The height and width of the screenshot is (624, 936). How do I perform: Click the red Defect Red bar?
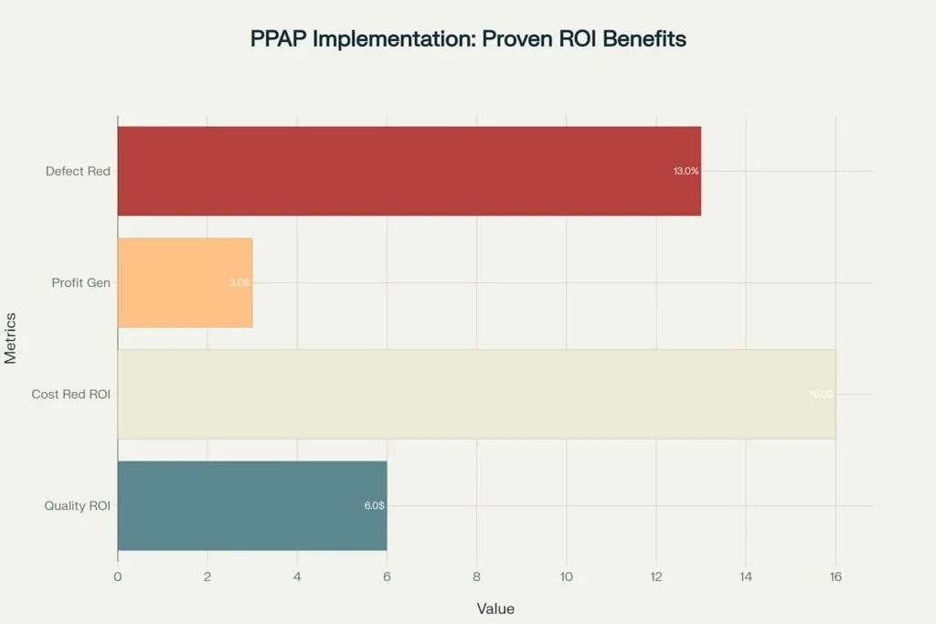[409, 171]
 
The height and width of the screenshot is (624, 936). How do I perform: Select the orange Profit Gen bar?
[184, 282]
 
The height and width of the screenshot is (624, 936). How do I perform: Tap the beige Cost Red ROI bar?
[475, 394]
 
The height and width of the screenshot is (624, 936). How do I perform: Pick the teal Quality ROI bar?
[251, 505]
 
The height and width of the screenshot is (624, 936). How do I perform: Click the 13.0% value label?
[686, 172]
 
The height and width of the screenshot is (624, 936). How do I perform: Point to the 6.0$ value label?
[374, 505]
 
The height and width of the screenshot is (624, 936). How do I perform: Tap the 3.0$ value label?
[239, 283]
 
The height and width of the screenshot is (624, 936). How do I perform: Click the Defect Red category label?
[78, 171]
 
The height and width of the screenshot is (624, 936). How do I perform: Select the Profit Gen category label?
[80, 282]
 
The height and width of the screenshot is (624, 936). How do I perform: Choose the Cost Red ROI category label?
[70, 394]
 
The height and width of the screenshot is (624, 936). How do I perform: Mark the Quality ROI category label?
[77, 505]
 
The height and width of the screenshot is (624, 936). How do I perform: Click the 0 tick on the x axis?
[118, 576]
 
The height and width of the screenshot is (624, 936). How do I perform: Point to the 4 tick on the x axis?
[297, 576]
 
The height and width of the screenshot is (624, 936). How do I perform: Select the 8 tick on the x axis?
[476, 576]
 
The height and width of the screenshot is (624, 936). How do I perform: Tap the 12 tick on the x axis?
[655, 576]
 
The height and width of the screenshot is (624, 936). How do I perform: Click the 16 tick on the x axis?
[835, 576]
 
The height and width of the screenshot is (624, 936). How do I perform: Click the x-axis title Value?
[495, 608]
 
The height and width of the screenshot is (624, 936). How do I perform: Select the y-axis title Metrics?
[11, 338]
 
